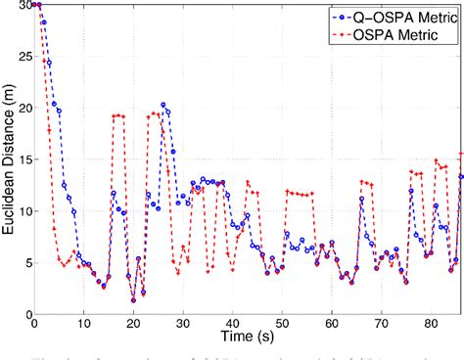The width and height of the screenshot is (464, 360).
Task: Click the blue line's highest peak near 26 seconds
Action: [162, 105]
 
